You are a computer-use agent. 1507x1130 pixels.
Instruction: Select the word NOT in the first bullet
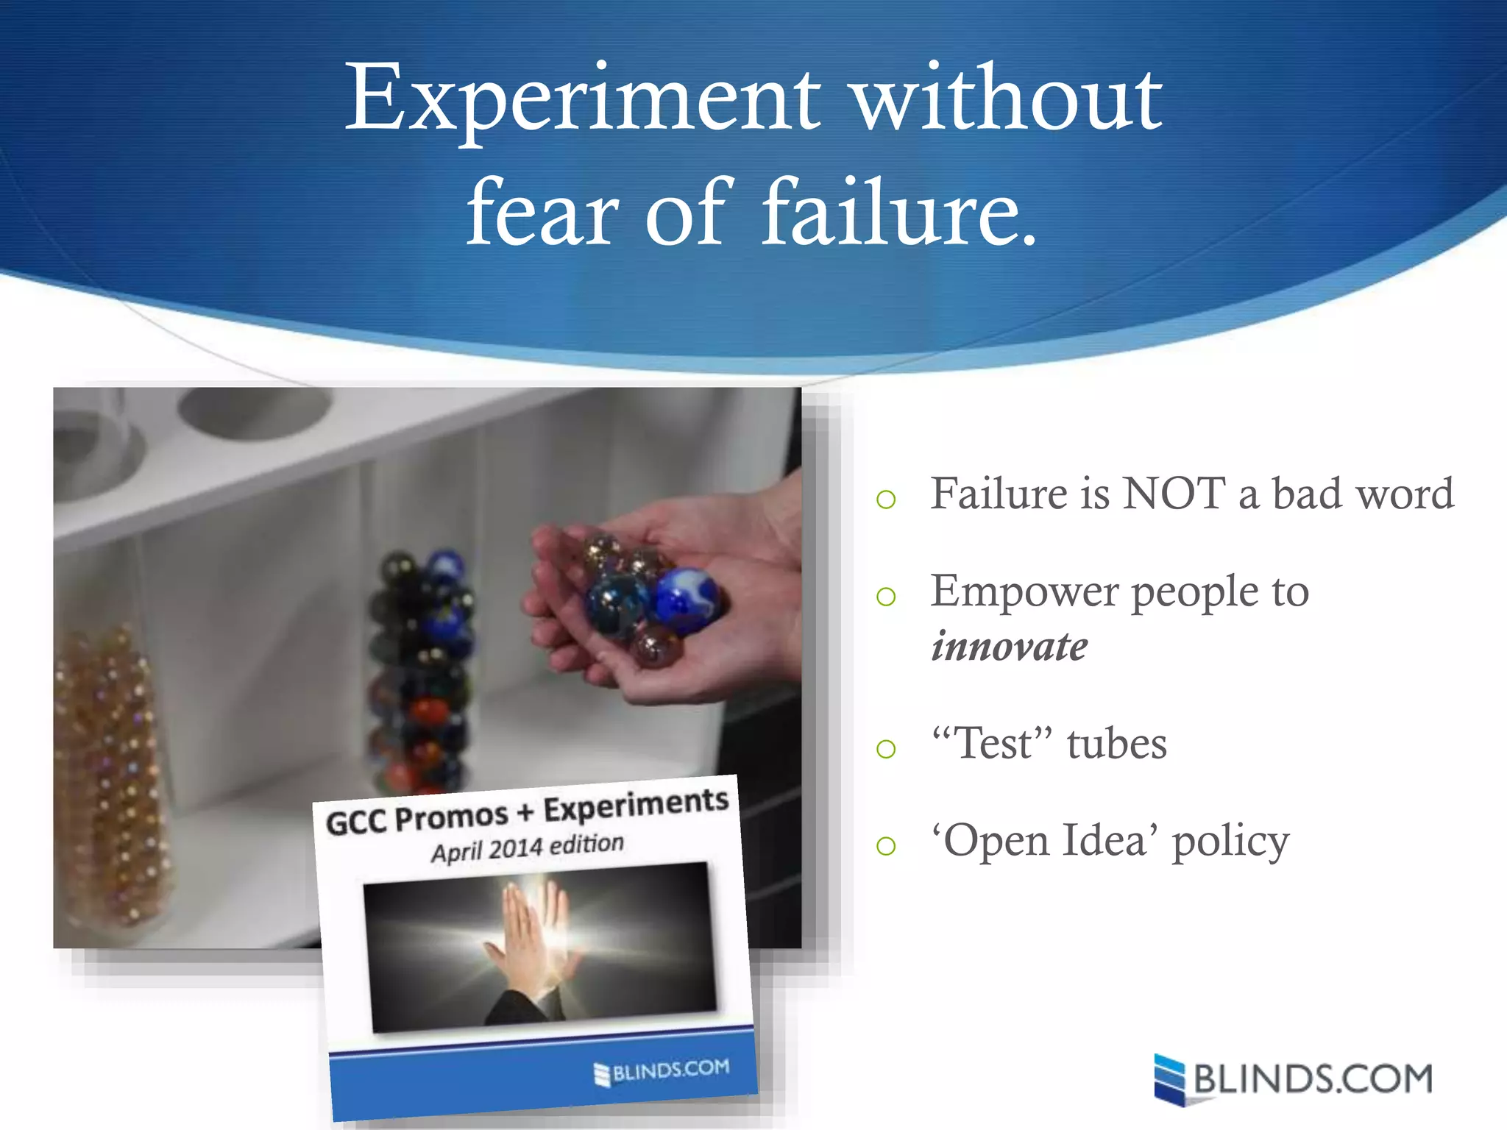[x=1174, y=493]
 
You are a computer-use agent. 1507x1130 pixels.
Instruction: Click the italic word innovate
[x=1009, y=647]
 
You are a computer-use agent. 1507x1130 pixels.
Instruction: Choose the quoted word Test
[x=993, y=743]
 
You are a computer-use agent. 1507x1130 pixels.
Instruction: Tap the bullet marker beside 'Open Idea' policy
[x=886, y=846]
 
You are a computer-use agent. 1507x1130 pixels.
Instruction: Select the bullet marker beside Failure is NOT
[x=886, y=500]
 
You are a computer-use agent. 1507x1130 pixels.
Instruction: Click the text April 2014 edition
[x=528, y=847]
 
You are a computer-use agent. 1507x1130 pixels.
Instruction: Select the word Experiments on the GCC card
[x=636, y=805]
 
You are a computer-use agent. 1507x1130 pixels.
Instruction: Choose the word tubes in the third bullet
[x=1116, y=743]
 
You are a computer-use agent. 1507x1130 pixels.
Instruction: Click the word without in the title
[x=1008, y=99]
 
